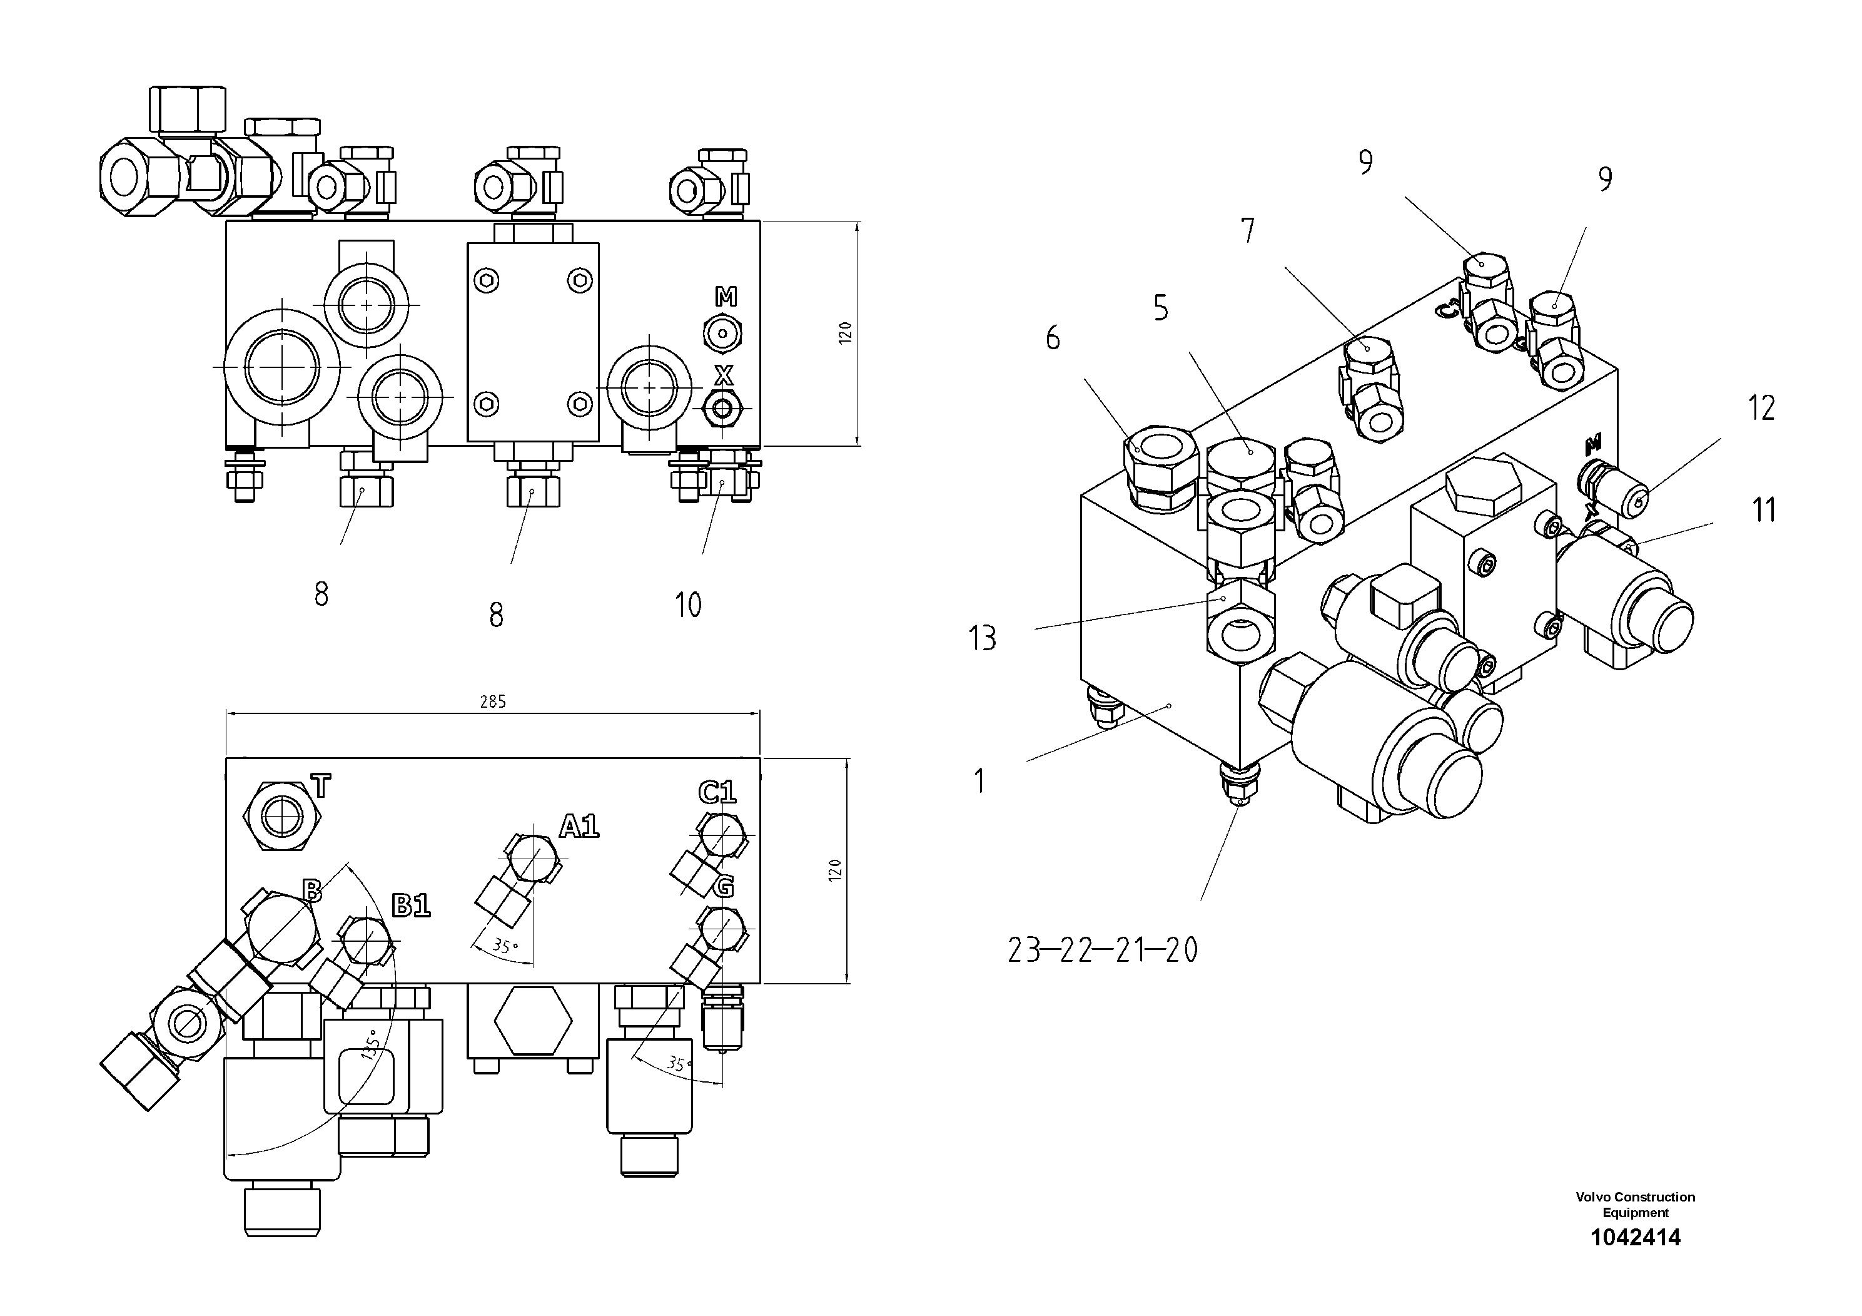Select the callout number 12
point(1761,408)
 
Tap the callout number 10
point(688,604)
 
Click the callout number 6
point(1053,337)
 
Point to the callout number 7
point(1248,232)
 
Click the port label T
point(321,786)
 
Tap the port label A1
point(579,827)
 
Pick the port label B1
point(411,905)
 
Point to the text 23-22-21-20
point(1102,950)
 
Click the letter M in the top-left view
point(726,298)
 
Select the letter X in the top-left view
point(724,375)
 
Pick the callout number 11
point(1764,511)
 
